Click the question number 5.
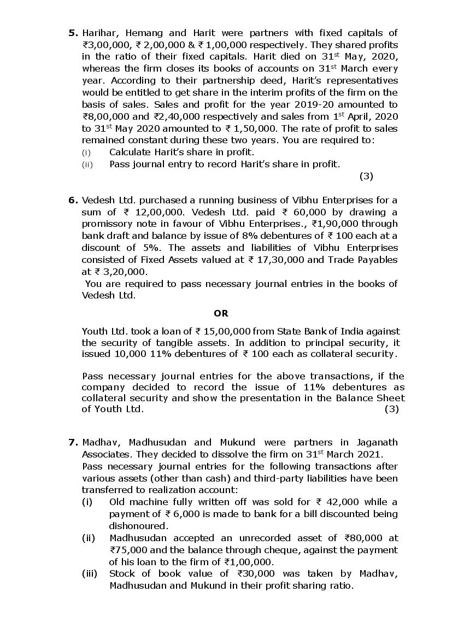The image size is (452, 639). click(73, 33)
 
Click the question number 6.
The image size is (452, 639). click(73, 200)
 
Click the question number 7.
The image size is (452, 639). click(73, 442)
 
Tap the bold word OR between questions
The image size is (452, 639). click(221, 314)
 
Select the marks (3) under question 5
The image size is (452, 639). click(366, 176)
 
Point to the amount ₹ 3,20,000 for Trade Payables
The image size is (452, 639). click(120, 272)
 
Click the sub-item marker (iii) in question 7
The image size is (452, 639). click(89, 573)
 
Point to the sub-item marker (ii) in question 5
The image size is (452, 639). click(87, 164)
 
